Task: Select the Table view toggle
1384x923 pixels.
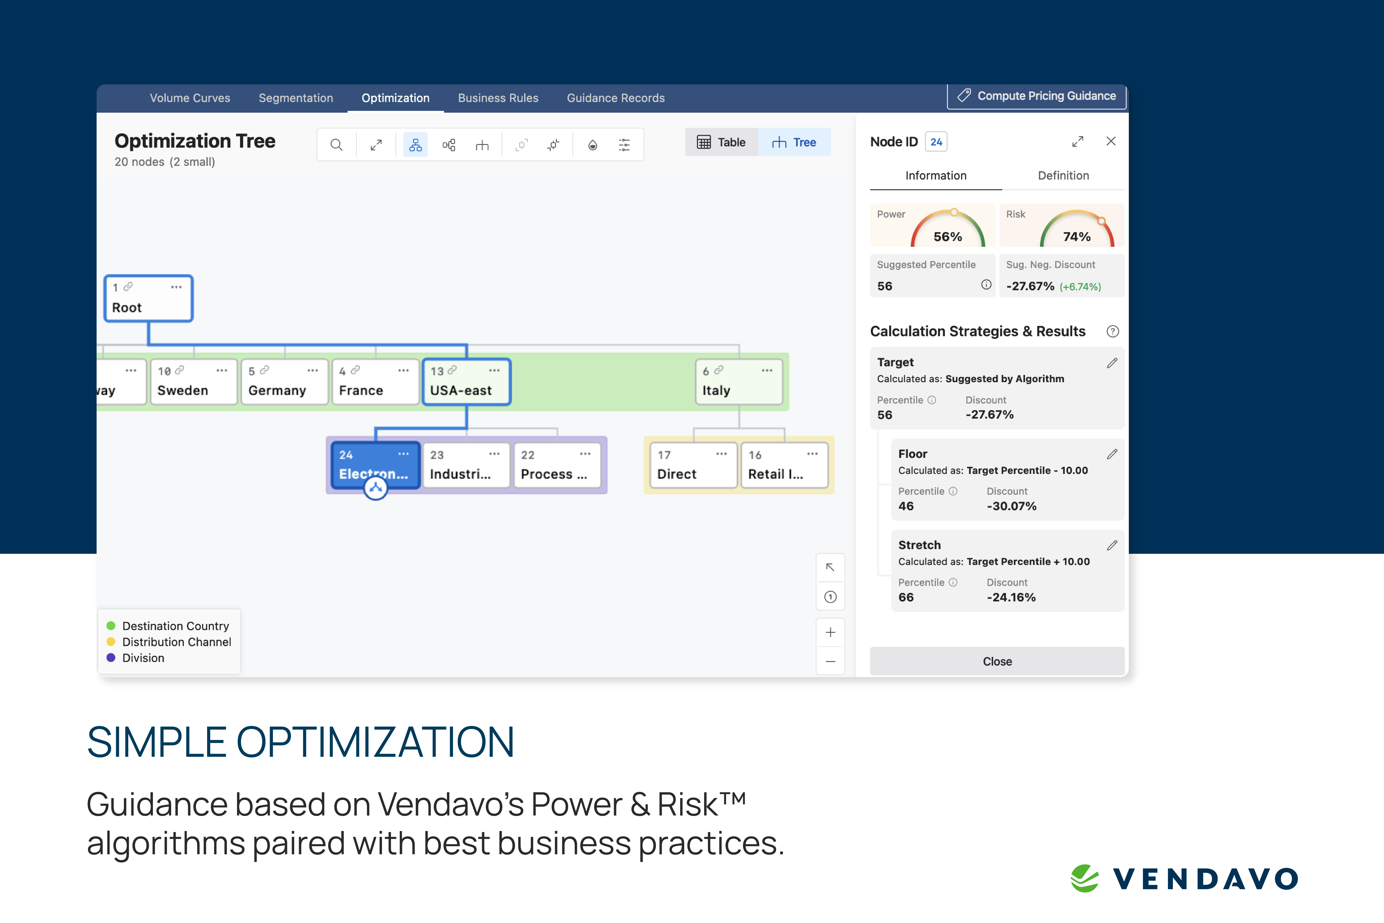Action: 721,142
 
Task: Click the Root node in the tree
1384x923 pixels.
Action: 148,299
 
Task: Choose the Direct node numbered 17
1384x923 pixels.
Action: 693,465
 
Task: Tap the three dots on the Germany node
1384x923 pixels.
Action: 312,370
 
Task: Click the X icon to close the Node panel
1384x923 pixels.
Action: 1111,141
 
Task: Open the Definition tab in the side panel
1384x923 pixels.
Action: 1063,175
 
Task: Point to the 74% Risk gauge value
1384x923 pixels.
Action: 1077,237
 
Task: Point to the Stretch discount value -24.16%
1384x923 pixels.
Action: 1011,597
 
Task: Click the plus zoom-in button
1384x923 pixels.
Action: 830,632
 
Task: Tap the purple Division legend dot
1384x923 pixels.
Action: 111,657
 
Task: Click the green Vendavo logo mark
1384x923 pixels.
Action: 1084,878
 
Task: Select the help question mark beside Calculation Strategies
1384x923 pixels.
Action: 1112,331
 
